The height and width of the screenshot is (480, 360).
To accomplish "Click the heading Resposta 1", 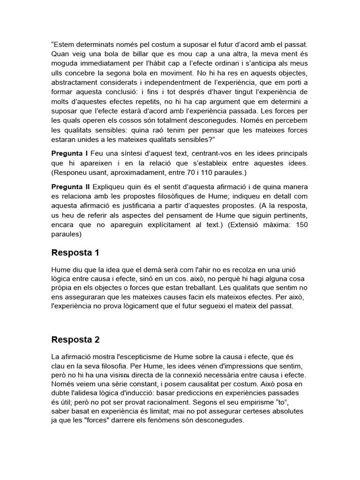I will [75, 253].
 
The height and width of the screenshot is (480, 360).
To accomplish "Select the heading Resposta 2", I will [75, 339].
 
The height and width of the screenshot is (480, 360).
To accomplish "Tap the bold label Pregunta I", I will [69, 154].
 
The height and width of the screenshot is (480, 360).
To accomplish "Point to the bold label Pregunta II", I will [70, 187].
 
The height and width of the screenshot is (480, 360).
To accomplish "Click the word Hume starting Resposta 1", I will [60, 270].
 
